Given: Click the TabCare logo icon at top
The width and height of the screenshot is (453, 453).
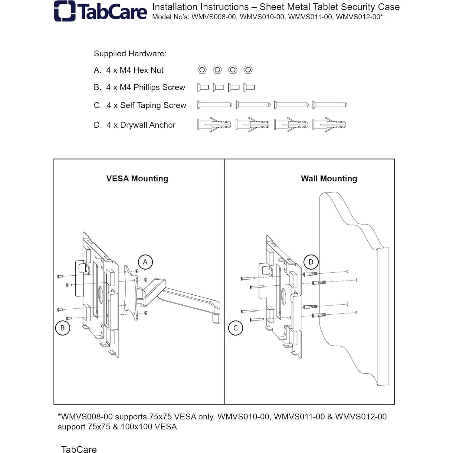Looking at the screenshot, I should (x=64, y=11).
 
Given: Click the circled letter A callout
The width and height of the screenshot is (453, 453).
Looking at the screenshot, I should (x=145, y=262).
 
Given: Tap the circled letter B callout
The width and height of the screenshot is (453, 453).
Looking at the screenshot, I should (x=63, y=328).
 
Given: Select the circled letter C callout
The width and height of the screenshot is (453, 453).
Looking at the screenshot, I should (x=235, y=328).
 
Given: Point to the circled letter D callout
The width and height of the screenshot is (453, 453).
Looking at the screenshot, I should (x=311, y=262).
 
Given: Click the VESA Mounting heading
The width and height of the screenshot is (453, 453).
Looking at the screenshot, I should (x=137, y=179).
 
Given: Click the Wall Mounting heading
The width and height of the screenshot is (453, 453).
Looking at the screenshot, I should (x=329, y=179).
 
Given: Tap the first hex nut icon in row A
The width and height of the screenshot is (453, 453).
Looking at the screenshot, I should (x=202, y=70).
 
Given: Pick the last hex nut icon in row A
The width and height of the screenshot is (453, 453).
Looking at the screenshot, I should (x=248, y=70).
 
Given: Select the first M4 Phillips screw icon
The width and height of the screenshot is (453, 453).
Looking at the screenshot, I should (x=203, y=87).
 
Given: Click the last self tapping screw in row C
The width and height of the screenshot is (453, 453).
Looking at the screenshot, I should (x=330, y=105).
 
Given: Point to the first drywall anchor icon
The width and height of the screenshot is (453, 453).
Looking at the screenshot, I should (x=214, y=125).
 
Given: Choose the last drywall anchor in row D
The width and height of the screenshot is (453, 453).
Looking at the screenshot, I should (x=329, y=125).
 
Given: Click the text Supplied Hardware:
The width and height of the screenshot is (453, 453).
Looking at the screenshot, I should (x=130, y=54).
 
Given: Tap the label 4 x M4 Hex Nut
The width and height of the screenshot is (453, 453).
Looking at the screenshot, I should (x=135, y=70).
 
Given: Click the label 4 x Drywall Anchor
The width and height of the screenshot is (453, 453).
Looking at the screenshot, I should (x=141, y=125).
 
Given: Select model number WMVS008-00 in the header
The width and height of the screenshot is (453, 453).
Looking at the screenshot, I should (x=214, y=17).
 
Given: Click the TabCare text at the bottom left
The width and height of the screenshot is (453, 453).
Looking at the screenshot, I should (x=79, y=449).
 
